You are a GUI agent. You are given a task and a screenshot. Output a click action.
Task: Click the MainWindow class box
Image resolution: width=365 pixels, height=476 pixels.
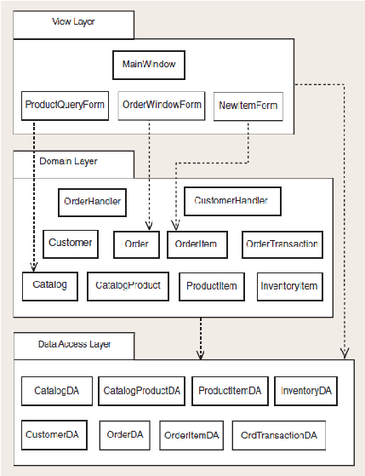(x=149, y=65)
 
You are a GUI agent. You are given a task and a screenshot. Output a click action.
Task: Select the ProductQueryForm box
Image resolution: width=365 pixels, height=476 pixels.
(x=65, y=106)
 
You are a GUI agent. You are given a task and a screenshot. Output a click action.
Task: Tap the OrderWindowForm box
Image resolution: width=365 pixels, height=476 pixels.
(x=162, y=106)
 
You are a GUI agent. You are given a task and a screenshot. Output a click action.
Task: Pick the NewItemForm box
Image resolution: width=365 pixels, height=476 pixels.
(x=248, y=106)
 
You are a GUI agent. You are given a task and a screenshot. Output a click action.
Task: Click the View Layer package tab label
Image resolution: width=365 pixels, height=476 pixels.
(x=73, y=21)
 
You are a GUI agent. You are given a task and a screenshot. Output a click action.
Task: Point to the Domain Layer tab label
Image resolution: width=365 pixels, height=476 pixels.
(x=68, y=161)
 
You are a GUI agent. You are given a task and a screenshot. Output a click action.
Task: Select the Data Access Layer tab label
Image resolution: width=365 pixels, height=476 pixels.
(x=74, y=344)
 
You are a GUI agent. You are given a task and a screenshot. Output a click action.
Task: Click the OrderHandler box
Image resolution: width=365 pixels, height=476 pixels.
(x=92, y=203)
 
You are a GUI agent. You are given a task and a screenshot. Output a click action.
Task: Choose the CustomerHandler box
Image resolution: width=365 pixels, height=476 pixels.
(x=233, y=201)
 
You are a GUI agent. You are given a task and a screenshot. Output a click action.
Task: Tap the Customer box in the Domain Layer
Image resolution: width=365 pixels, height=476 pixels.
(x=71, y=244)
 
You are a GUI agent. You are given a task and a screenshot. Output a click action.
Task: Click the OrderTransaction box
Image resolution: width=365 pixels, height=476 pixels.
(x=282, y=244)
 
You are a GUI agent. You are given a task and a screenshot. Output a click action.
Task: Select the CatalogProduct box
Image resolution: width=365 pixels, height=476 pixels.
(x=128, y=286)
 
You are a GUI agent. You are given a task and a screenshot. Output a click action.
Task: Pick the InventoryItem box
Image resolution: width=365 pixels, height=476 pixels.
(x=290, y=287)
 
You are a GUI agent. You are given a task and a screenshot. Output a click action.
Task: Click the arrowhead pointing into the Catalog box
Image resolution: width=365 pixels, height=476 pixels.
(x=34, y=267)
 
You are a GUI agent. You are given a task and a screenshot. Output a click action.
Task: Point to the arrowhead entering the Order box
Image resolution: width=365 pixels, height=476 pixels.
(x=149, y=226)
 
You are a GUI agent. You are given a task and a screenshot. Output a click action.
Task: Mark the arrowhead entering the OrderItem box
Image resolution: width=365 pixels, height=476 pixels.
(x=175, y=226)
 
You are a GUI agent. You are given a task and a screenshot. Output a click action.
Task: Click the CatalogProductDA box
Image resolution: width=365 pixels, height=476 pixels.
(x=142, y=391)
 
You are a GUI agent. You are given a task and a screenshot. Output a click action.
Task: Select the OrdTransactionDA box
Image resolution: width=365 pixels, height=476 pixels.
(x=279, y=435)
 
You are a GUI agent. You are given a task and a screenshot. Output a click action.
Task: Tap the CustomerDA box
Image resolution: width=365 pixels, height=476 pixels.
(x=54, y=435)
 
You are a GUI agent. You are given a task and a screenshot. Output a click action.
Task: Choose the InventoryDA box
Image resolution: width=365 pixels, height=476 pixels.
(x=305, y=391)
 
